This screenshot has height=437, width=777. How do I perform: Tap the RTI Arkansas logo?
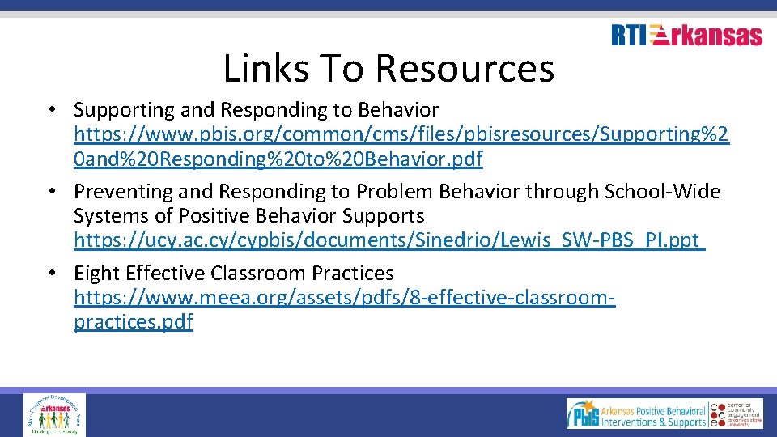tap(686, 36)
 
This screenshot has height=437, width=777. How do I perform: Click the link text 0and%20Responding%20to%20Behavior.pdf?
tap(278, 159)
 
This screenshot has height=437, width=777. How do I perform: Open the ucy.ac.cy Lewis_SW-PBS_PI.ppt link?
tap(389, 240)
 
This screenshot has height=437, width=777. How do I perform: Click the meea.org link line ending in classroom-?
tap(345, 298)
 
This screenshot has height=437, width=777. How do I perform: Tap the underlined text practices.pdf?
tap(134, 322)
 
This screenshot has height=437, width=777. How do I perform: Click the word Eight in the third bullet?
tap(98, 274)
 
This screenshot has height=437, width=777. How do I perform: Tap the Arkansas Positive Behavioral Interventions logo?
tap(637, 413)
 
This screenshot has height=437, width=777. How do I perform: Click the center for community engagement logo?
tap(737, 413)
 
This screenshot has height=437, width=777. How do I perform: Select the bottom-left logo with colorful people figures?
tap(54, 414)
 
